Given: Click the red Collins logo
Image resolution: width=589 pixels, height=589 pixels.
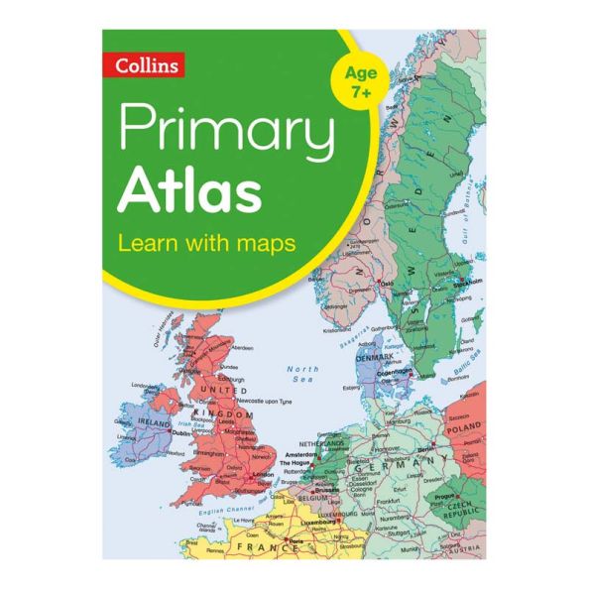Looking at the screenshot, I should (x=147, y=65).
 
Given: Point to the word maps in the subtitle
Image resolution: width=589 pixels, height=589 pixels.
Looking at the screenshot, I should (x=267, y=242).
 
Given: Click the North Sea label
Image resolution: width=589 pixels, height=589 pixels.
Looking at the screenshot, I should (x=301, y=374).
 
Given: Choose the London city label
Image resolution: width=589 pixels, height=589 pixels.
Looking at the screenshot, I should (x=262, y=474).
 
